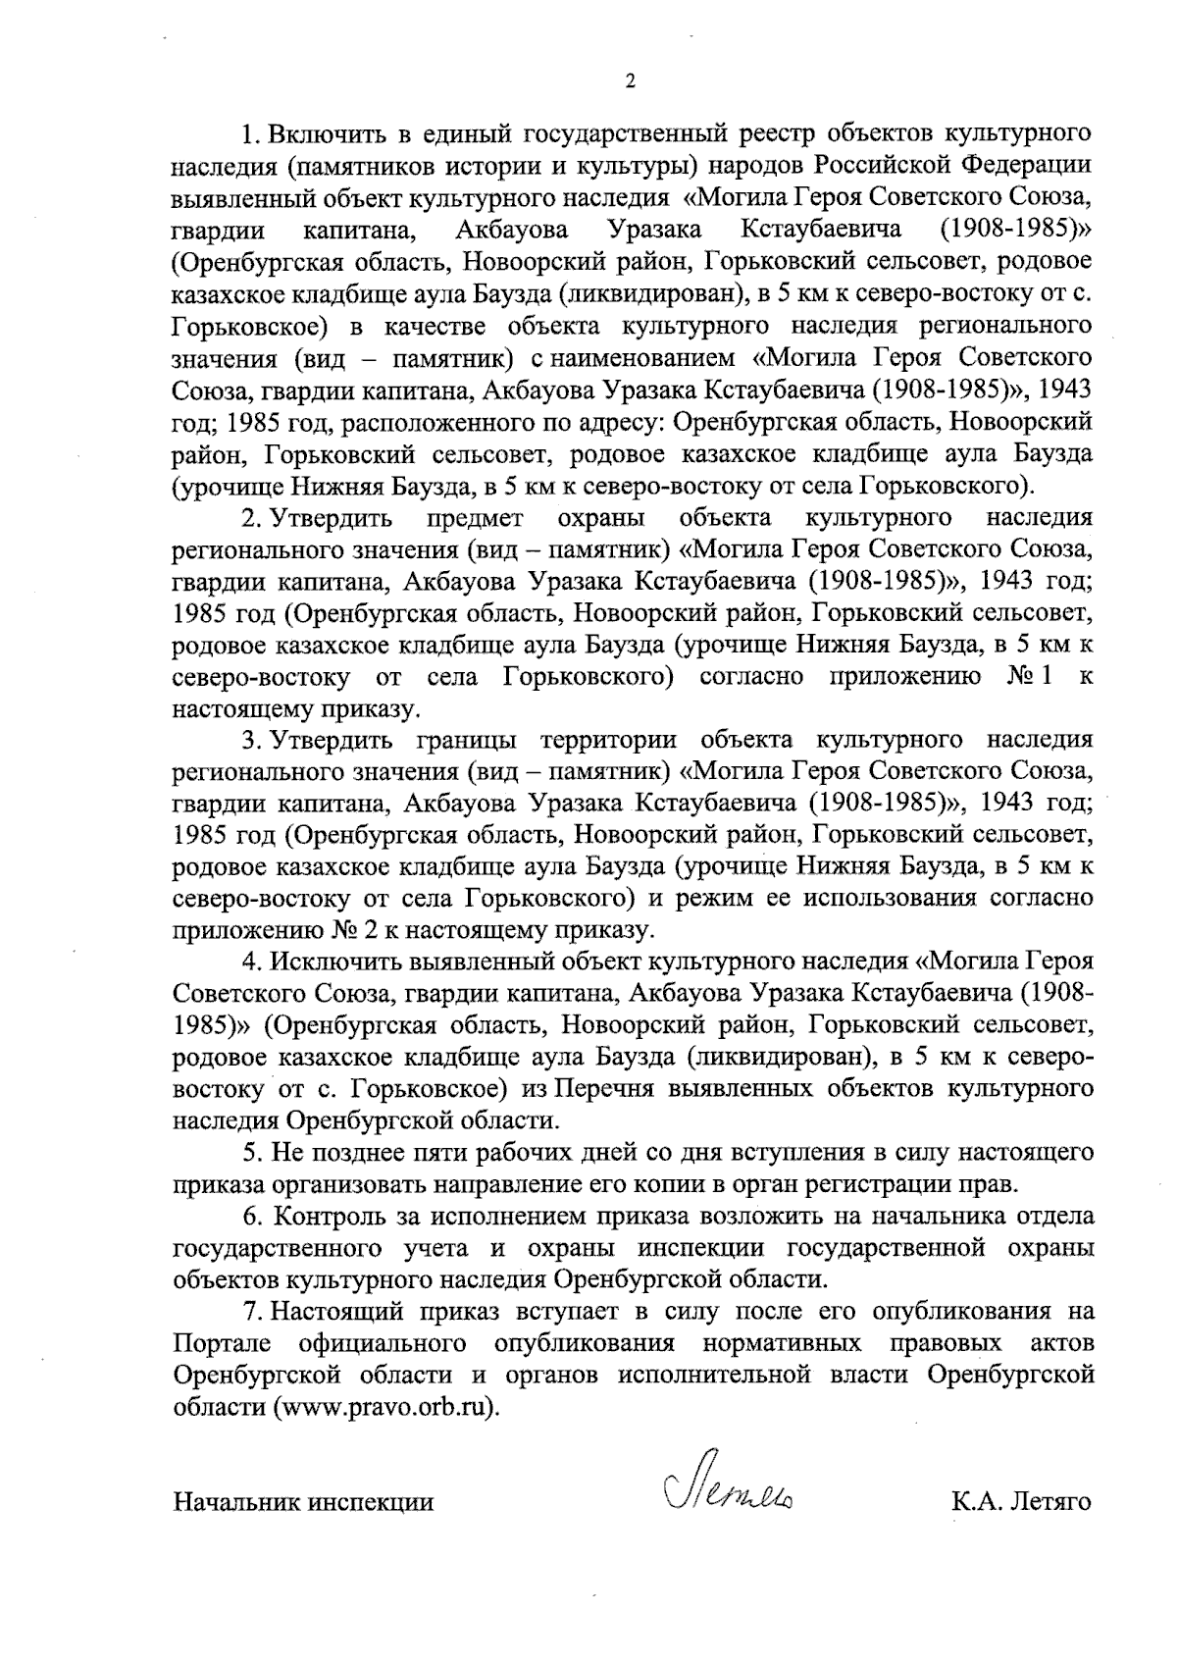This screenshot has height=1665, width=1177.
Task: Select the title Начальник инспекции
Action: point(303,1502)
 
